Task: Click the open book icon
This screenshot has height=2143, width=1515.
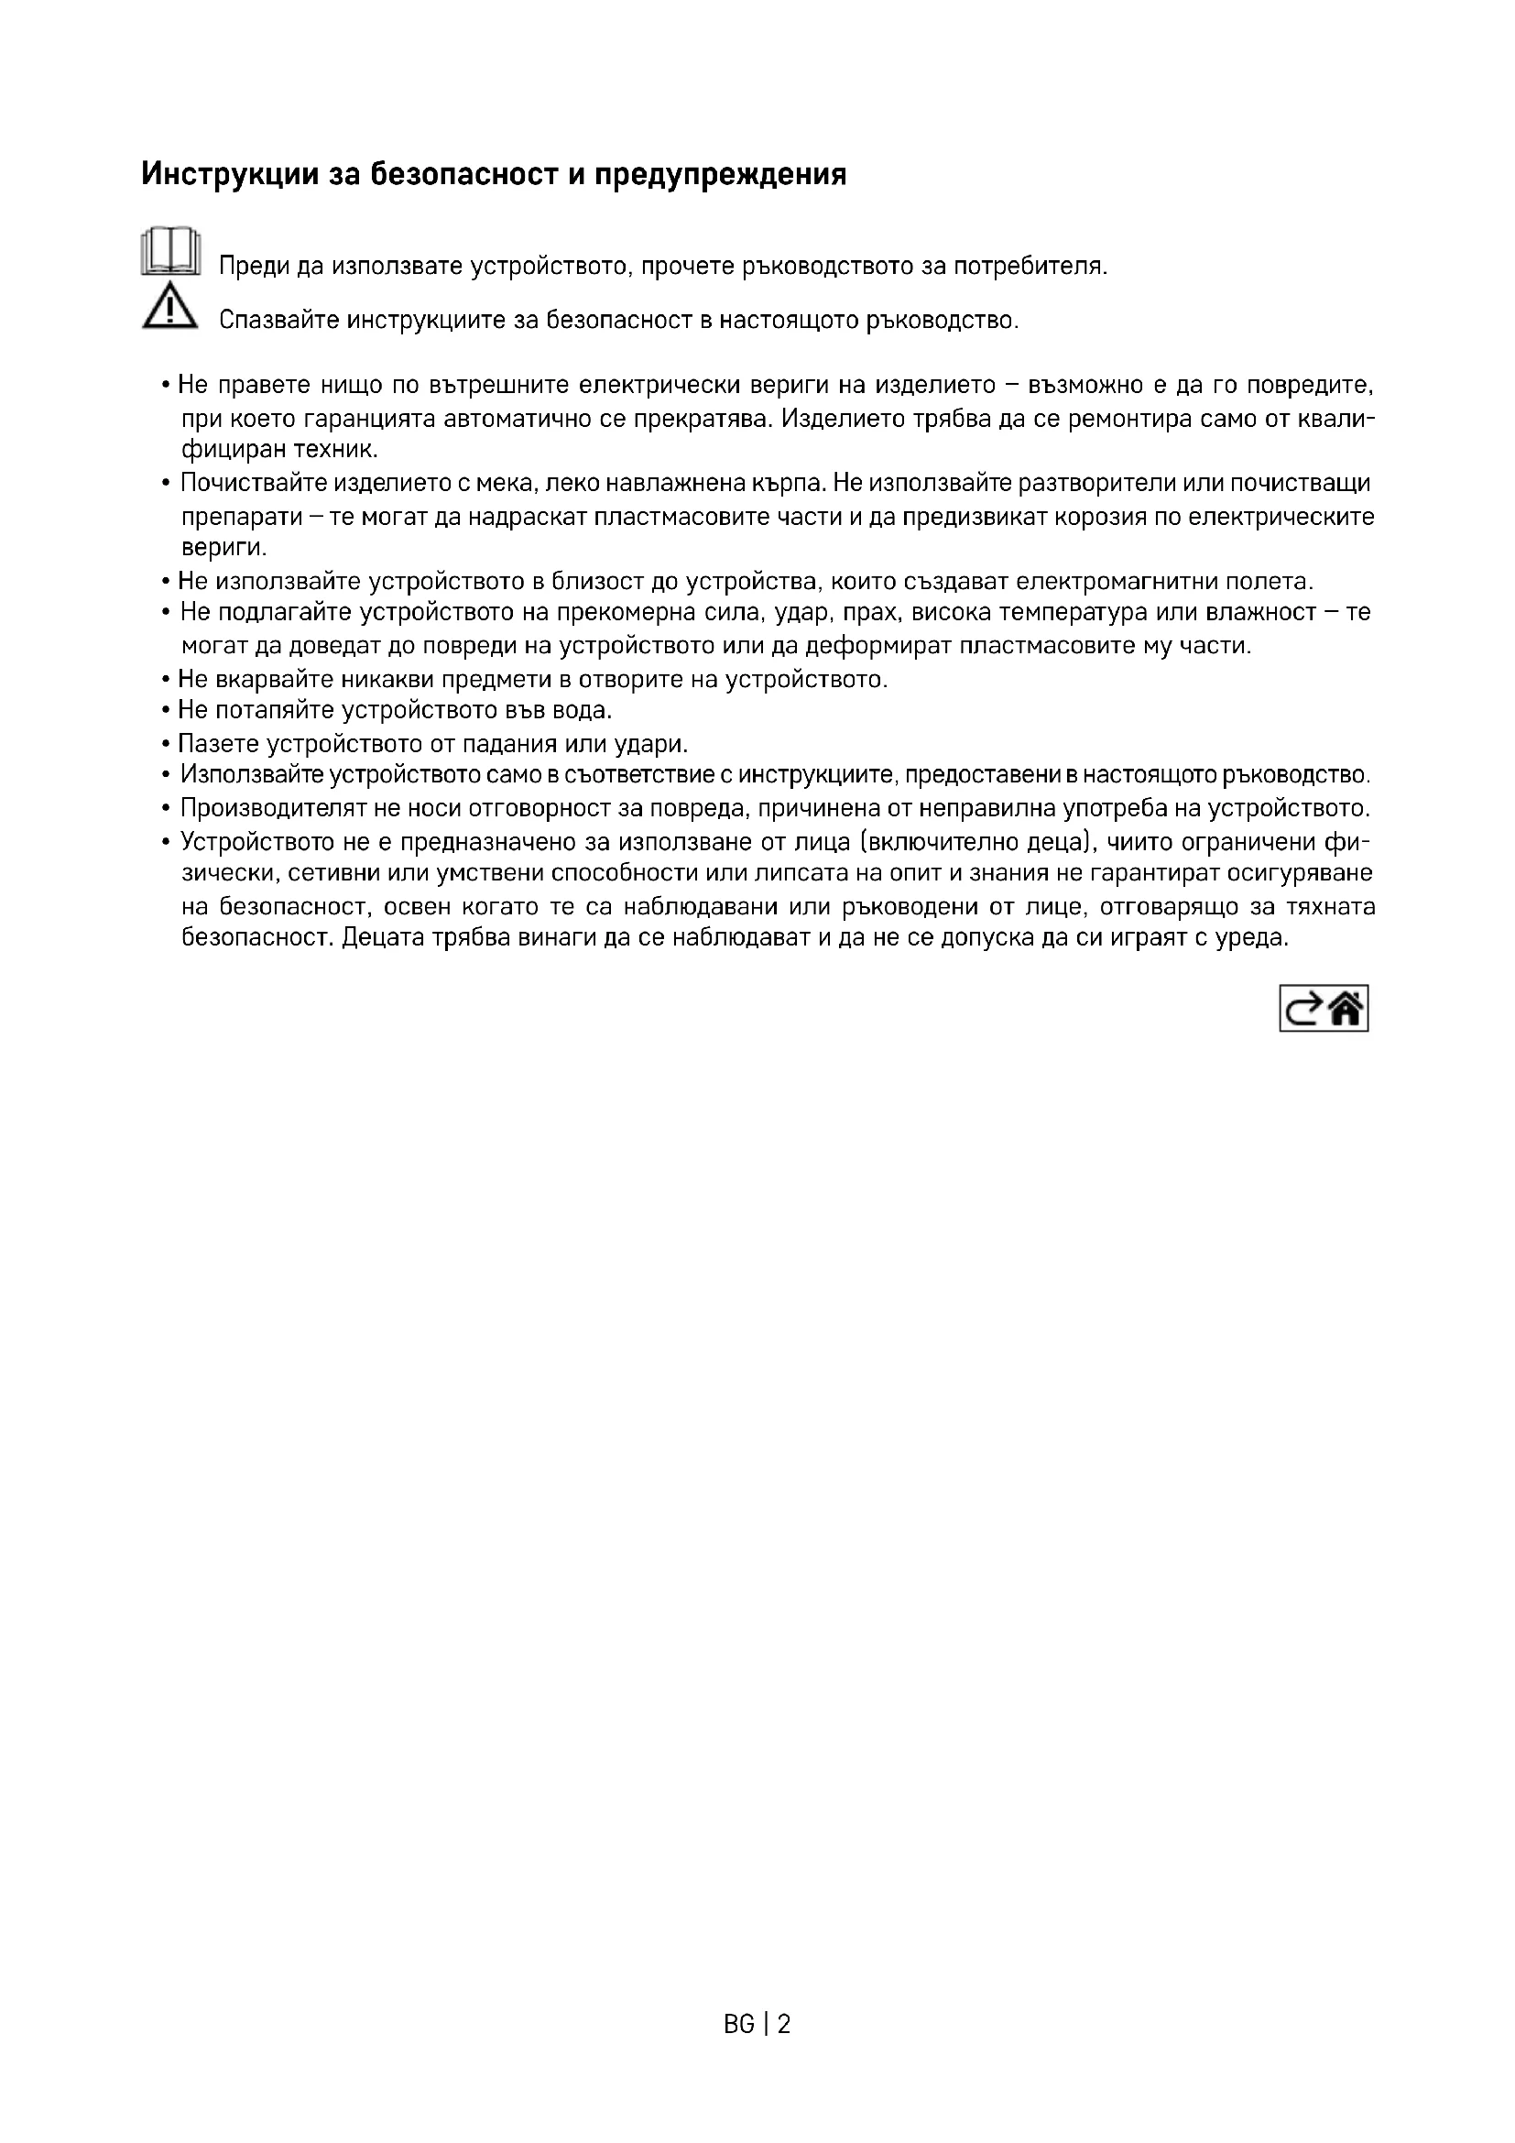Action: pyautogui.click(x=169, y=251)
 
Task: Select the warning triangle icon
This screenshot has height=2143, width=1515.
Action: pyautogui.click(x=169, y=308)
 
